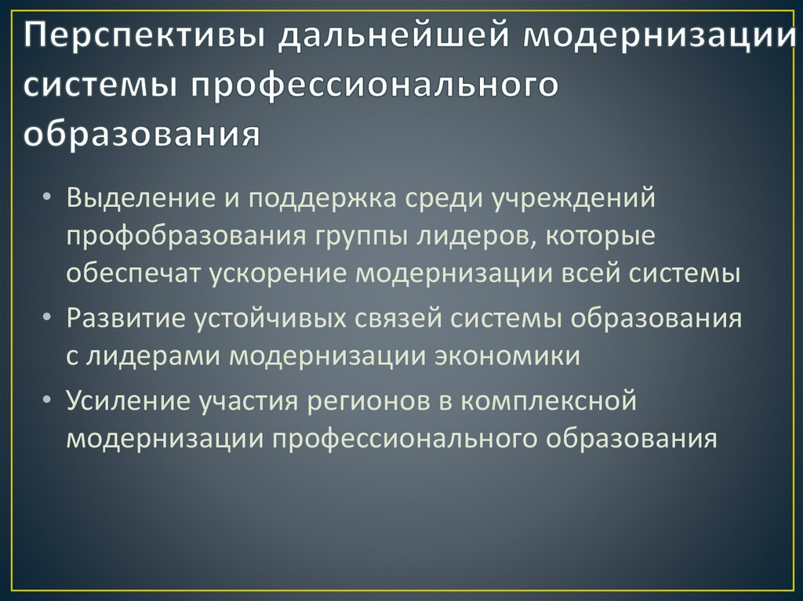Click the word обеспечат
(x=133, y=274)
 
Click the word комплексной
(x=547, y=400)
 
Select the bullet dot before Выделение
(x=49, y=199)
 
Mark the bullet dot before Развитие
(x=49, y=318)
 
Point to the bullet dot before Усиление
(x=49, y=400)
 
